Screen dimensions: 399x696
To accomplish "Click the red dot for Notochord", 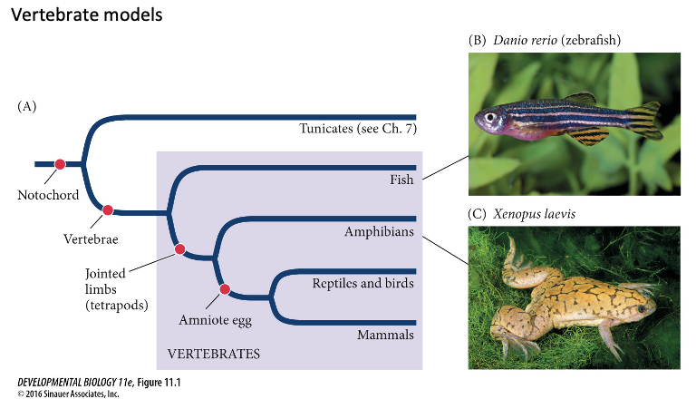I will (x=60, y=164).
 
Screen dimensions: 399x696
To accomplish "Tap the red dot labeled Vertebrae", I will (x=108, y=210).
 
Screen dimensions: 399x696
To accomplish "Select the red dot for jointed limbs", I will (x=179, y=248).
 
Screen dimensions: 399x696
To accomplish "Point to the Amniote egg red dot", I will (x=225, y=289).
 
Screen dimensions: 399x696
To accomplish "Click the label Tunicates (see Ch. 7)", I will (x=357, y=129).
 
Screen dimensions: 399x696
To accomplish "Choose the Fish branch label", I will (x=400, y=180).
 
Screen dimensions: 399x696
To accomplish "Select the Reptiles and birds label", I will (x=362, y=283).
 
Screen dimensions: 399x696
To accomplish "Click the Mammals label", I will (x=384, y=335).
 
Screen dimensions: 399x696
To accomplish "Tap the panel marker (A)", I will (x=27, y=106).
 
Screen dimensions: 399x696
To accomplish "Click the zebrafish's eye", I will (x=490, y=118).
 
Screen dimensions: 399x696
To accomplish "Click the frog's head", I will (x=637, y=304).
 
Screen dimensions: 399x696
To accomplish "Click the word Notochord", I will (x=48, y=195).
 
